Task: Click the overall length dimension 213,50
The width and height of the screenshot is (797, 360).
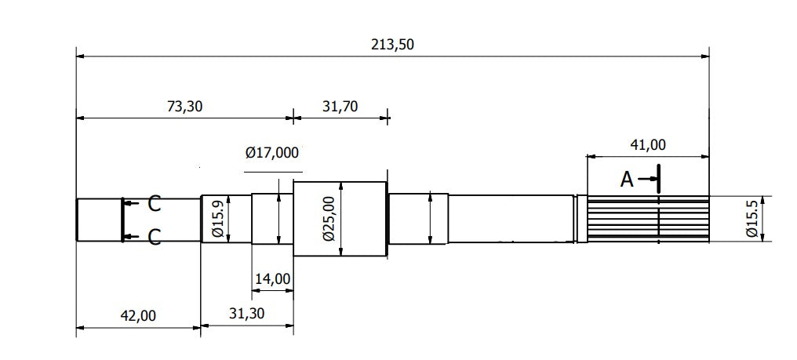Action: pos(392,45)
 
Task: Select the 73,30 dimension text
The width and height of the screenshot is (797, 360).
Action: pos(185,107)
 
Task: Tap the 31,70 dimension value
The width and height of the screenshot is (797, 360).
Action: pos(340,107)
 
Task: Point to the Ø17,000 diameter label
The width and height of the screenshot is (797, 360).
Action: pos(272,152)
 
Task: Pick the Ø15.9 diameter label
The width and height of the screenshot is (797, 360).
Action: pos(217,219)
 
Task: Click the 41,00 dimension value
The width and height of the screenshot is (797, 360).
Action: pos(648,145)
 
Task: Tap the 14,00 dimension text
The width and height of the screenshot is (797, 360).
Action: pos(272,278)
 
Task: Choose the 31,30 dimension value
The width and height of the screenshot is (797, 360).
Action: pos(246,314)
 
